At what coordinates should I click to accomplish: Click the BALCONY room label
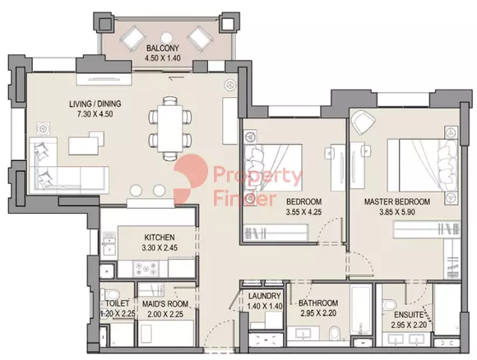pos(163,48)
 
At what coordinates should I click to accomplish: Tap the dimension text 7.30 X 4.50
pos(95,114)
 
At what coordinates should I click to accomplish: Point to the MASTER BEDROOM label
pos(397,201)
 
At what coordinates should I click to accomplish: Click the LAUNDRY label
pos(264,296)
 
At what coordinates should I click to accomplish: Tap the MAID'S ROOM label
pos(165,303)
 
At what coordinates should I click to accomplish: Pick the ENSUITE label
pos(409,315)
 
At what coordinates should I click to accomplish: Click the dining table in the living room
pos(170,128)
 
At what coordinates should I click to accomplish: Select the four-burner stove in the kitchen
pos(146,269)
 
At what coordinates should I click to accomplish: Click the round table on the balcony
pos(166,38)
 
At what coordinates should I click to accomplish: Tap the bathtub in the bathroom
pos(361,309)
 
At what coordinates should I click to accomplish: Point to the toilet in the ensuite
pos(389,305)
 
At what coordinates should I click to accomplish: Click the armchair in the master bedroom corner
pos(363,122)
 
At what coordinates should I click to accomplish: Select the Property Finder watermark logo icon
pos(191,179)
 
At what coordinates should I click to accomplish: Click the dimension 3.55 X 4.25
pos(303,212)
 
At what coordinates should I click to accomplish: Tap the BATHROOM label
pos(318,302)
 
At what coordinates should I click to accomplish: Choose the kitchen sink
pos(109,243)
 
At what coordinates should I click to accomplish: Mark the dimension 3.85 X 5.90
pos(397,212)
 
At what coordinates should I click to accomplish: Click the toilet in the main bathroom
pos(334,334)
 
